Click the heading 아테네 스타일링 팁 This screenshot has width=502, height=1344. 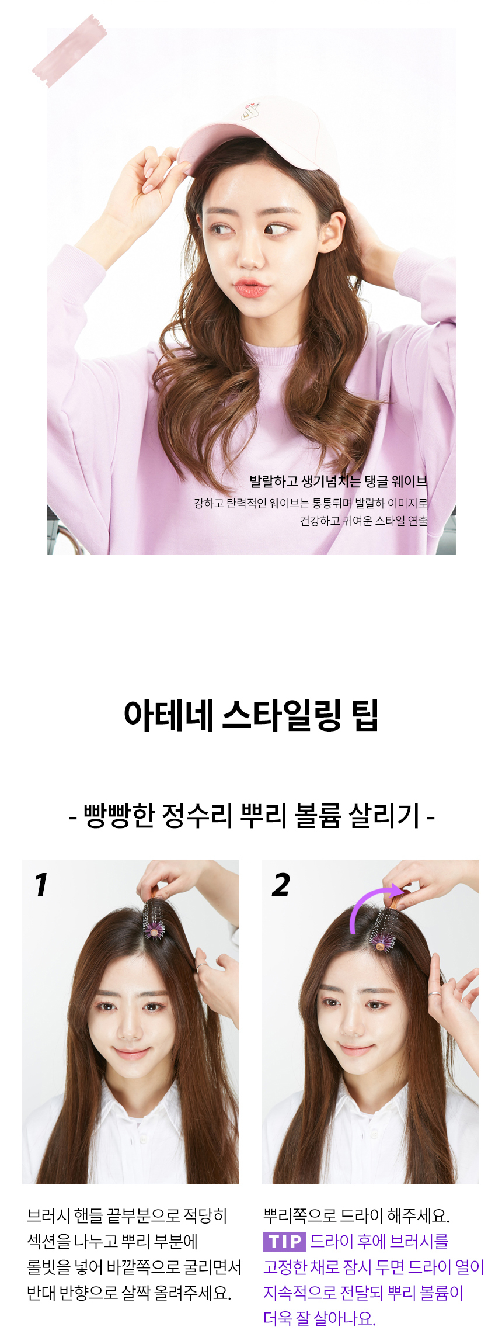[x=251, y=715]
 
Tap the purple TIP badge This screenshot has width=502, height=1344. [x=284, y=1241]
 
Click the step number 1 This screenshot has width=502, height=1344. [x=40, y=885]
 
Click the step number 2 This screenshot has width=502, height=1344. [x=281, y=885]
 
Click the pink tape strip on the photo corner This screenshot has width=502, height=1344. [x=69, y=51]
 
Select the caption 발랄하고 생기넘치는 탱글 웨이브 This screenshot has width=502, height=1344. [x=339, y=482]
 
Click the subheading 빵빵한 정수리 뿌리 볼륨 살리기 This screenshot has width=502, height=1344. [x=252, y=816]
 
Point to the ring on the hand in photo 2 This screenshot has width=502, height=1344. [x=434, y=994]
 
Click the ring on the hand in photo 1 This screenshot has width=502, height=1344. [x=201, y=967]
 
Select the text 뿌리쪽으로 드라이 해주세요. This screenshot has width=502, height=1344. [x=357, y=1215]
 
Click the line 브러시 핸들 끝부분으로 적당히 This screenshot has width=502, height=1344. [x=127, y=1215]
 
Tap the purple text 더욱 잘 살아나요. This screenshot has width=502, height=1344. [x=319, y=1318]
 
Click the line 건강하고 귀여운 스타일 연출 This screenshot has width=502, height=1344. [x=364, y=521]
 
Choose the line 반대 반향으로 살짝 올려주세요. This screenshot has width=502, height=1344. [x=129, y=1293]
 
